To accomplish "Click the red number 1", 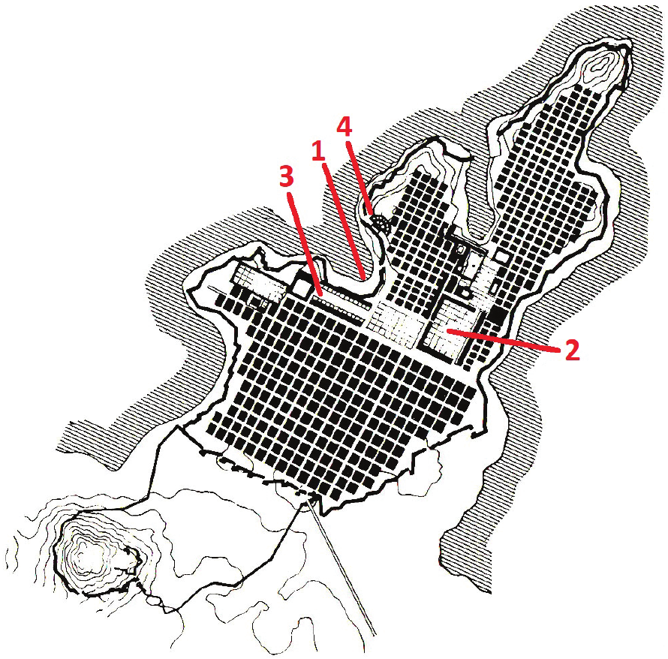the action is coord(318,151).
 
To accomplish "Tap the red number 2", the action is coord(572,350).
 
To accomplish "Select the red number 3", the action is coord(287,176).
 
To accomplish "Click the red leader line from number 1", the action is coord(343,221).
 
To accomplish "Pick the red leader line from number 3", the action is coord(305,244).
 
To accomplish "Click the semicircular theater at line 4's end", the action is coord(379,223).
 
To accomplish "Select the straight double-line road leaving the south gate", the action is coord(342,567).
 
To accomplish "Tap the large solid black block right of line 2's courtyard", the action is coord(498,316).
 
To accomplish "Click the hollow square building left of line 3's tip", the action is coord(302,287).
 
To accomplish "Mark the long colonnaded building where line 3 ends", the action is coord(342,303).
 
